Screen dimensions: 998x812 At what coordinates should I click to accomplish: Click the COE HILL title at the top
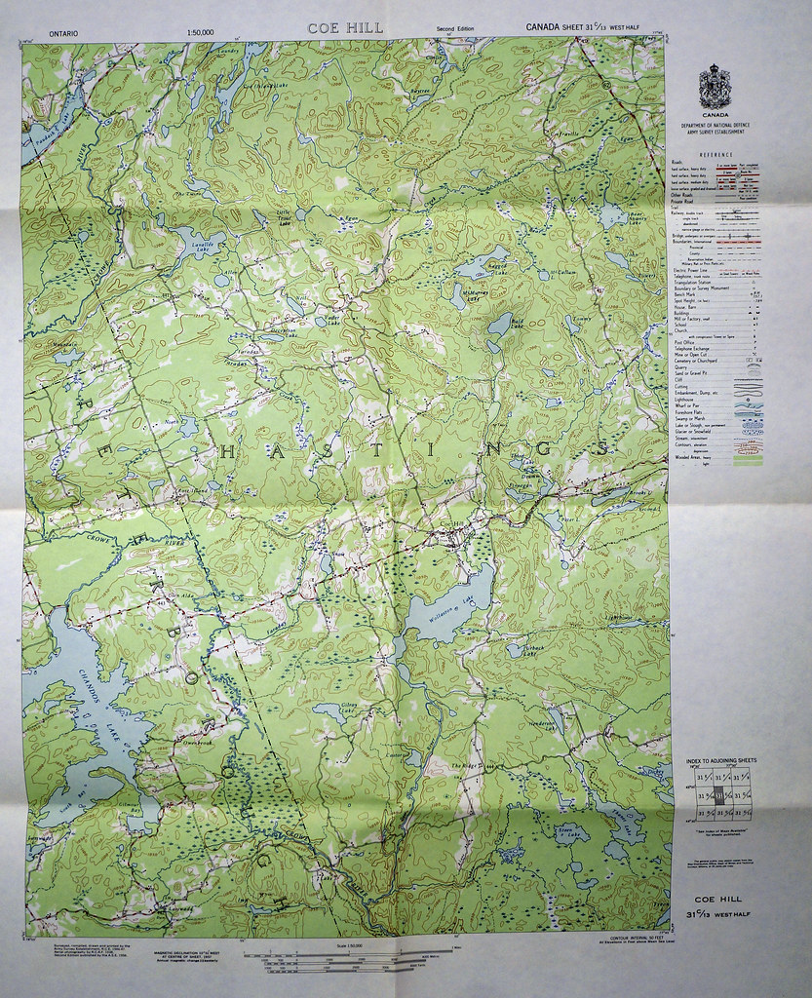(346, 28)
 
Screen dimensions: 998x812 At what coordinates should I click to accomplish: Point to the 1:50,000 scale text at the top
(197, 33)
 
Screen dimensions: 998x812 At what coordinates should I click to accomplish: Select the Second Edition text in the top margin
(455, 29)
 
